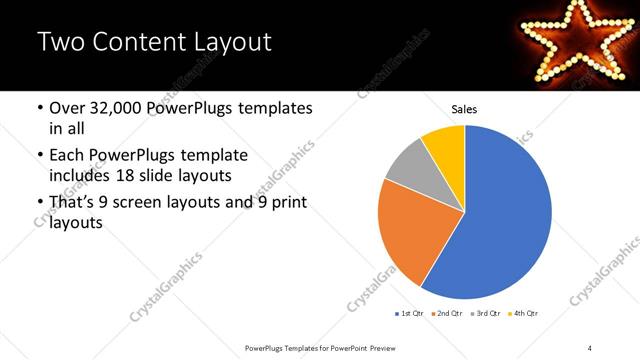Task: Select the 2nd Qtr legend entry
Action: [446, 314]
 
